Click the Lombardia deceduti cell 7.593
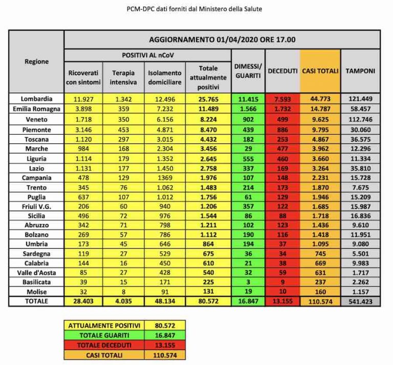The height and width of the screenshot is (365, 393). [282, 98]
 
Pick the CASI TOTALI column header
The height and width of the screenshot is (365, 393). [320, 71]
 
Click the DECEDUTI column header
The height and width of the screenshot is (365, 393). [282, 71]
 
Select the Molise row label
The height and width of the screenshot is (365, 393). [36, 291]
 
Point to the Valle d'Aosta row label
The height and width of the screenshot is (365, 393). [36, 272]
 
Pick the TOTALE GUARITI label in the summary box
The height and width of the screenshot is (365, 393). [104, 335]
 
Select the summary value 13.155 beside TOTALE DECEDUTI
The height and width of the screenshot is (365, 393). [164, 345]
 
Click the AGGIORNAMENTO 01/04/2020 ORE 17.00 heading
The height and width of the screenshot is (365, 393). [222, 39]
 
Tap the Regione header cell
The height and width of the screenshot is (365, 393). [36, 61]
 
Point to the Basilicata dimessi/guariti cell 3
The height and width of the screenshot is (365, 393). [248, 282]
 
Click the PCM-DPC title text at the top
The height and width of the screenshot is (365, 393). [196, 9]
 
